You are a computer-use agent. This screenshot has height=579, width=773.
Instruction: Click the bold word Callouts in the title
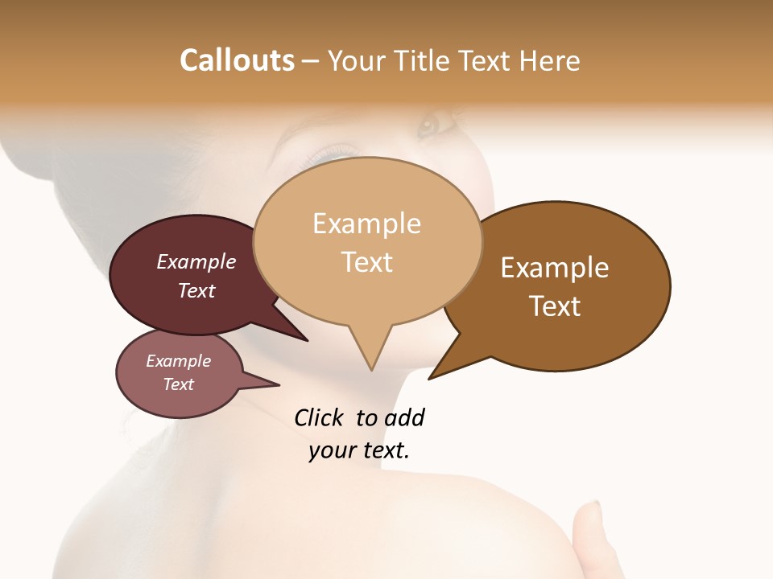(x=237, y=60)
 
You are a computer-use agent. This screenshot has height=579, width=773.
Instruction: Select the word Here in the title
(x=550, y=60)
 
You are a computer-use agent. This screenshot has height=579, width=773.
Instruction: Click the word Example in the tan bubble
(x=366, y=224)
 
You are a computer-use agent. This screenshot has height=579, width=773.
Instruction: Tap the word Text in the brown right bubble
(x=555, y=306)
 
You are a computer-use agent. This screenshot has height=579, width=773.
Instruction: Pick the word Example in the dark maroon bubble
(x=196, y=261)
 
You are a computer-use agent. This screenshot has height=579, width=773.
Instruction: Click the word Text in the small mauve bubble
(x=179, y=384)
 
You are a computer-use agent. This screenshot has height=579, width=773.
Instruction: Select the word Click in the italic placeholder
(x=318, y=417)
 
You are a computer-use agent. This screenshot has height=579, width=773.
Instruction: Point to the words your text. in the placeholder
(x=359, y=450)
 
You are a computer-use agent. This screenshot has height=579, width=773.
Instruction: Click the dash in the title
(x=311, y=61)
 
